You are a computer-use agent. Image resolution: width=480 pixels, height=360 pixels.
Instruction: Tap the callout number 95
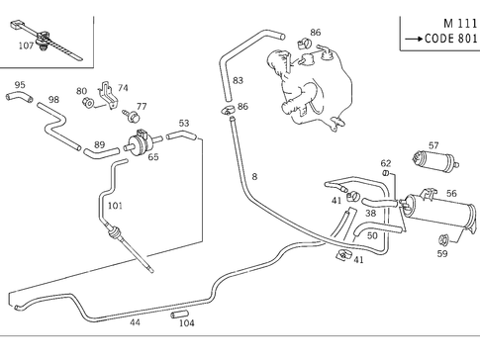(x=20, y=86)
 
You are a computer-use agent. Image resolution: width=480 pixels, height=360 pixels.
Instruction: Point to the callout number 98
(x=53, y=100)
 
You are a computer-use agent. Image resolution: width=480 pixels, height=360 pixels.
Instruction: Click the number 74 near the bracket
(x=123, y=88)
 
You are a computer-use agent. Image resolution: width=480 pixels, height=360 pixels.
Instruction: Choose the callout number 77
(x=142, y=107)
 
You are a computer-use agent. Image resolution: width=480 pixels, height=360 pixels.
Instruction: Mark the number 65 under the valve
(x=153, y=156)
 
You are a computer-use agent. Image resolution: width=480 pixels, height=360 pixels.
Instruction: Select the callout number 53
(x=183, y=124)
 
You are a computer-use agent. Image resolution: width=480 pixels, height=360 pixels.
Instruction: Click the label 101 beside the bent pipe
(x=115, y=206)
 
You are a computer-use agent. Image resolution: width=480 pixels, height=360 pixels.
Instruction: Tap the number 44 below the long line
(x=135, y=322)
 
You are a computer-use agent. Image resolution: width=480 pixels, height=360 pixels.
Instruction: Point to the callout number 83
(x=238, y=80)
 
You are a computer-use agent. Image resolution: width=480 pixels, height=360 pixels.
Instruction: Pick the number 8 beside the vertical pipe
(x=254, y=176)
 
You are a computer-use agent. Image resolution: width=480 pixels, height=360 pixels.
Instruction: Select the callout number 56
(x=451, y=194)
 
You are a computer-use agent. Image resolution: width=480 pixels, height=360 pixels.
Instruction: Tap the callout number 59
(x=442, y=254)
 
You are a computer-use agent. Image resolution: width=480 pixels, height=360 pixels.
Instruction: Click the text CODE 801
(x=444, y=41)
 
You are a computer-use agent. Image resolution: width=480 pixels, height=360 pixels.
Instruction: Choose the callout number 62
(x=386, y=162)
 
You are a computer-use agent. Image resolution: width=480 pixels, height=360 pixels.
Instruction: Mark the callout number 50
(x=372, y=235)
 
